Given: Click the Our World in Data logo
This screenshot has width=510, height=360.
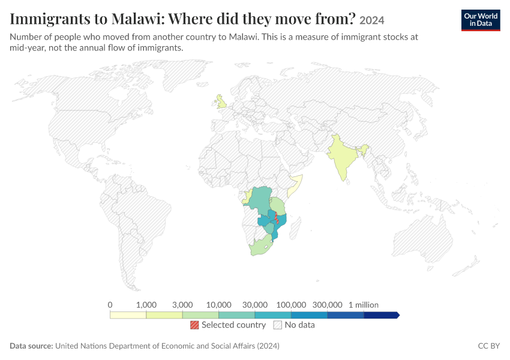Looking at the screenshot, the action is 481,20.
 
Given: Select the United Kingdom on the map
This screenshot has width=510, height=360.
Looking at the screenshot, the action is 222,102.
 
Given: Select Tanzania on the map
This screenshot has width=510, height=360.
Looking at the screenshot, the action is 277,206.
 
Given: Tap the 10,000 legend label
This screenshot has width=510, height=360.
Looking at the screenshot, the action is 218,305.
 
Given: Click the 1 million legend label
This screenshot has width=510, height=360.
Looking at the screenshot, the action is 364,305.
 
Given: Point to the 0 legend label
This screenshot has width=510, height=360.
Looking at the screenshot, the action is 110,305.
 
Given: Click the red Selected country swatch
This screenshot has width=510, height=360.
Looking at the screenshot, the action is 194,325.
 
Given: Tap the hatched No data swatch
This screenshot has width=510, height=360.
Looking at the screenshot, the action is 278,325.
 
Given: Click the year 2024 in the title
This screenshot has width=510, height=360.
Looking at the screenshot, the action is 372,20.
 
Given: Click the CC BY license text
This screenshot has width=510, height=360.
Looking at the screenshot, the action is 488,346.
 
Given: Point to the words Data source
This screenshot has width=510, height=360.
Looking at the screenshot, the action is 31,346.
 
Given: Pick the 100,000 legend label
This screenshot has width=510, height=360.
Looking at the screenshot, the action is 291,305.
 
